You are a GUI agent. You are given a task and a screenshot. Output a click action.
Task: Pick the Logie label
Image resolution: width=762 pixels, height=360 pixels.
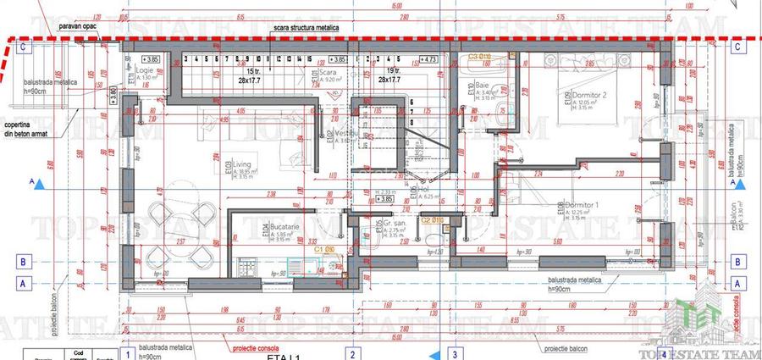point(146,71)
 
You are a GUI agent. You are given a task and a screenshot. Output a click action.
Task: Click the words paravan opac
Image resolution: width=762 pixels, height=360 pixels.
point(77,27)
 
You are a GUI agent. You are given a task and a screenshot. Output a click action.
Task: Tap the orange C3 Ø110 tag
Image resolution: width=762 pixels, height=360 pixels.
point(480,56)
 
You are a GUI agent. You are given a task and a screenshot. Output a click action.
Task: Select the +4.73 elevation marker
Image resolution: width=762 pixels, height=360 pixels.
point(429,59)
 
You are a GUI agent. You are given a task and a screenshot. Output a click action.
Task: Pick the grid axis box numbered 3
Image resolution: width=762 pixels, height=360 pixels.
point(454,353)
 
